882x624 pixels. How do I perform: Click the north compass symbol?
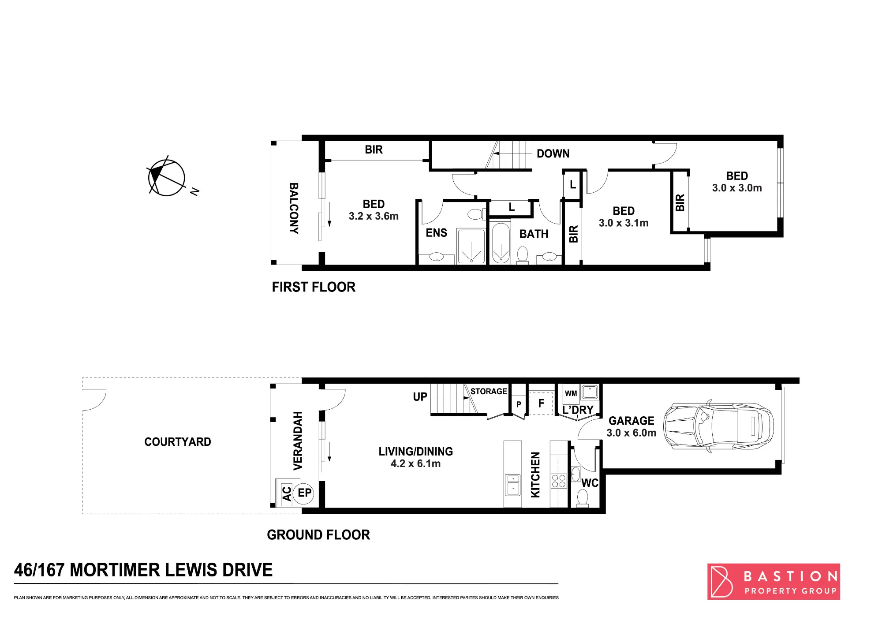coord(167,177)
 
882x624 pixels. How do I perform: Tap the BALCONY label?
coord(294,208)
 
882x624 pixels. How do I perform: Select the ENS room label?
coord(436,233)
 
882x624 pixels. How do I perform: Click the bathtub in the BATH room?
coord(501,243)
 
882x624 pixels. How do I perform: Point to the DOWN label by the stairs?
coord(553,153)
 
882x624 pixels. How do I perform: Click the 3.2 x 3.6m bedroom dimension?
coord(374,216)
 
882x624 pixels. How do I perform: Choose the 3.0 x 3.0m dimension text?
coord(737,188)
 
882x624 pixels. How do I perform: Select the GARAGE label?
coord(632,421)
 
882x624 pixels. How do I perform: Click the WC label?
coord(590,483)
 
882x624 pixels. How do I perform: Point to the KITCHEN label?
coord(535,475)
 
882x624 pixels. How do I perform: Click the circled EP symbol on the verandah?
coord(304,493)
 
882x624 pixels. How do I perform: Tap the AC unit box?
coord(287,494)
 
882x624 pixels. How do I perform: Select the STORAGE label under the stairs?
coord(489,391)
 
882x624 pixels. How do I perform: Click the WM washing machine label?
coord(571,393)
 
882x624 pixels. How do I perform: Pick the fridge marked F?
coord(541,403)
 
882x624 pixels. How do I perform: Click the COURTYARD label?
coord(178,442)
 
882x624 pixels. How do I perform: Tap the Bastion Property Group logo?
coord(774,581)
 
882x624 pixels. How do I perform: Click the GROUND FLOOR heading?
coord(318,535)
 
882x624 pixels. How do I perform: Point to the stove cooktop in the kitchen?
coord(559,481)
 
